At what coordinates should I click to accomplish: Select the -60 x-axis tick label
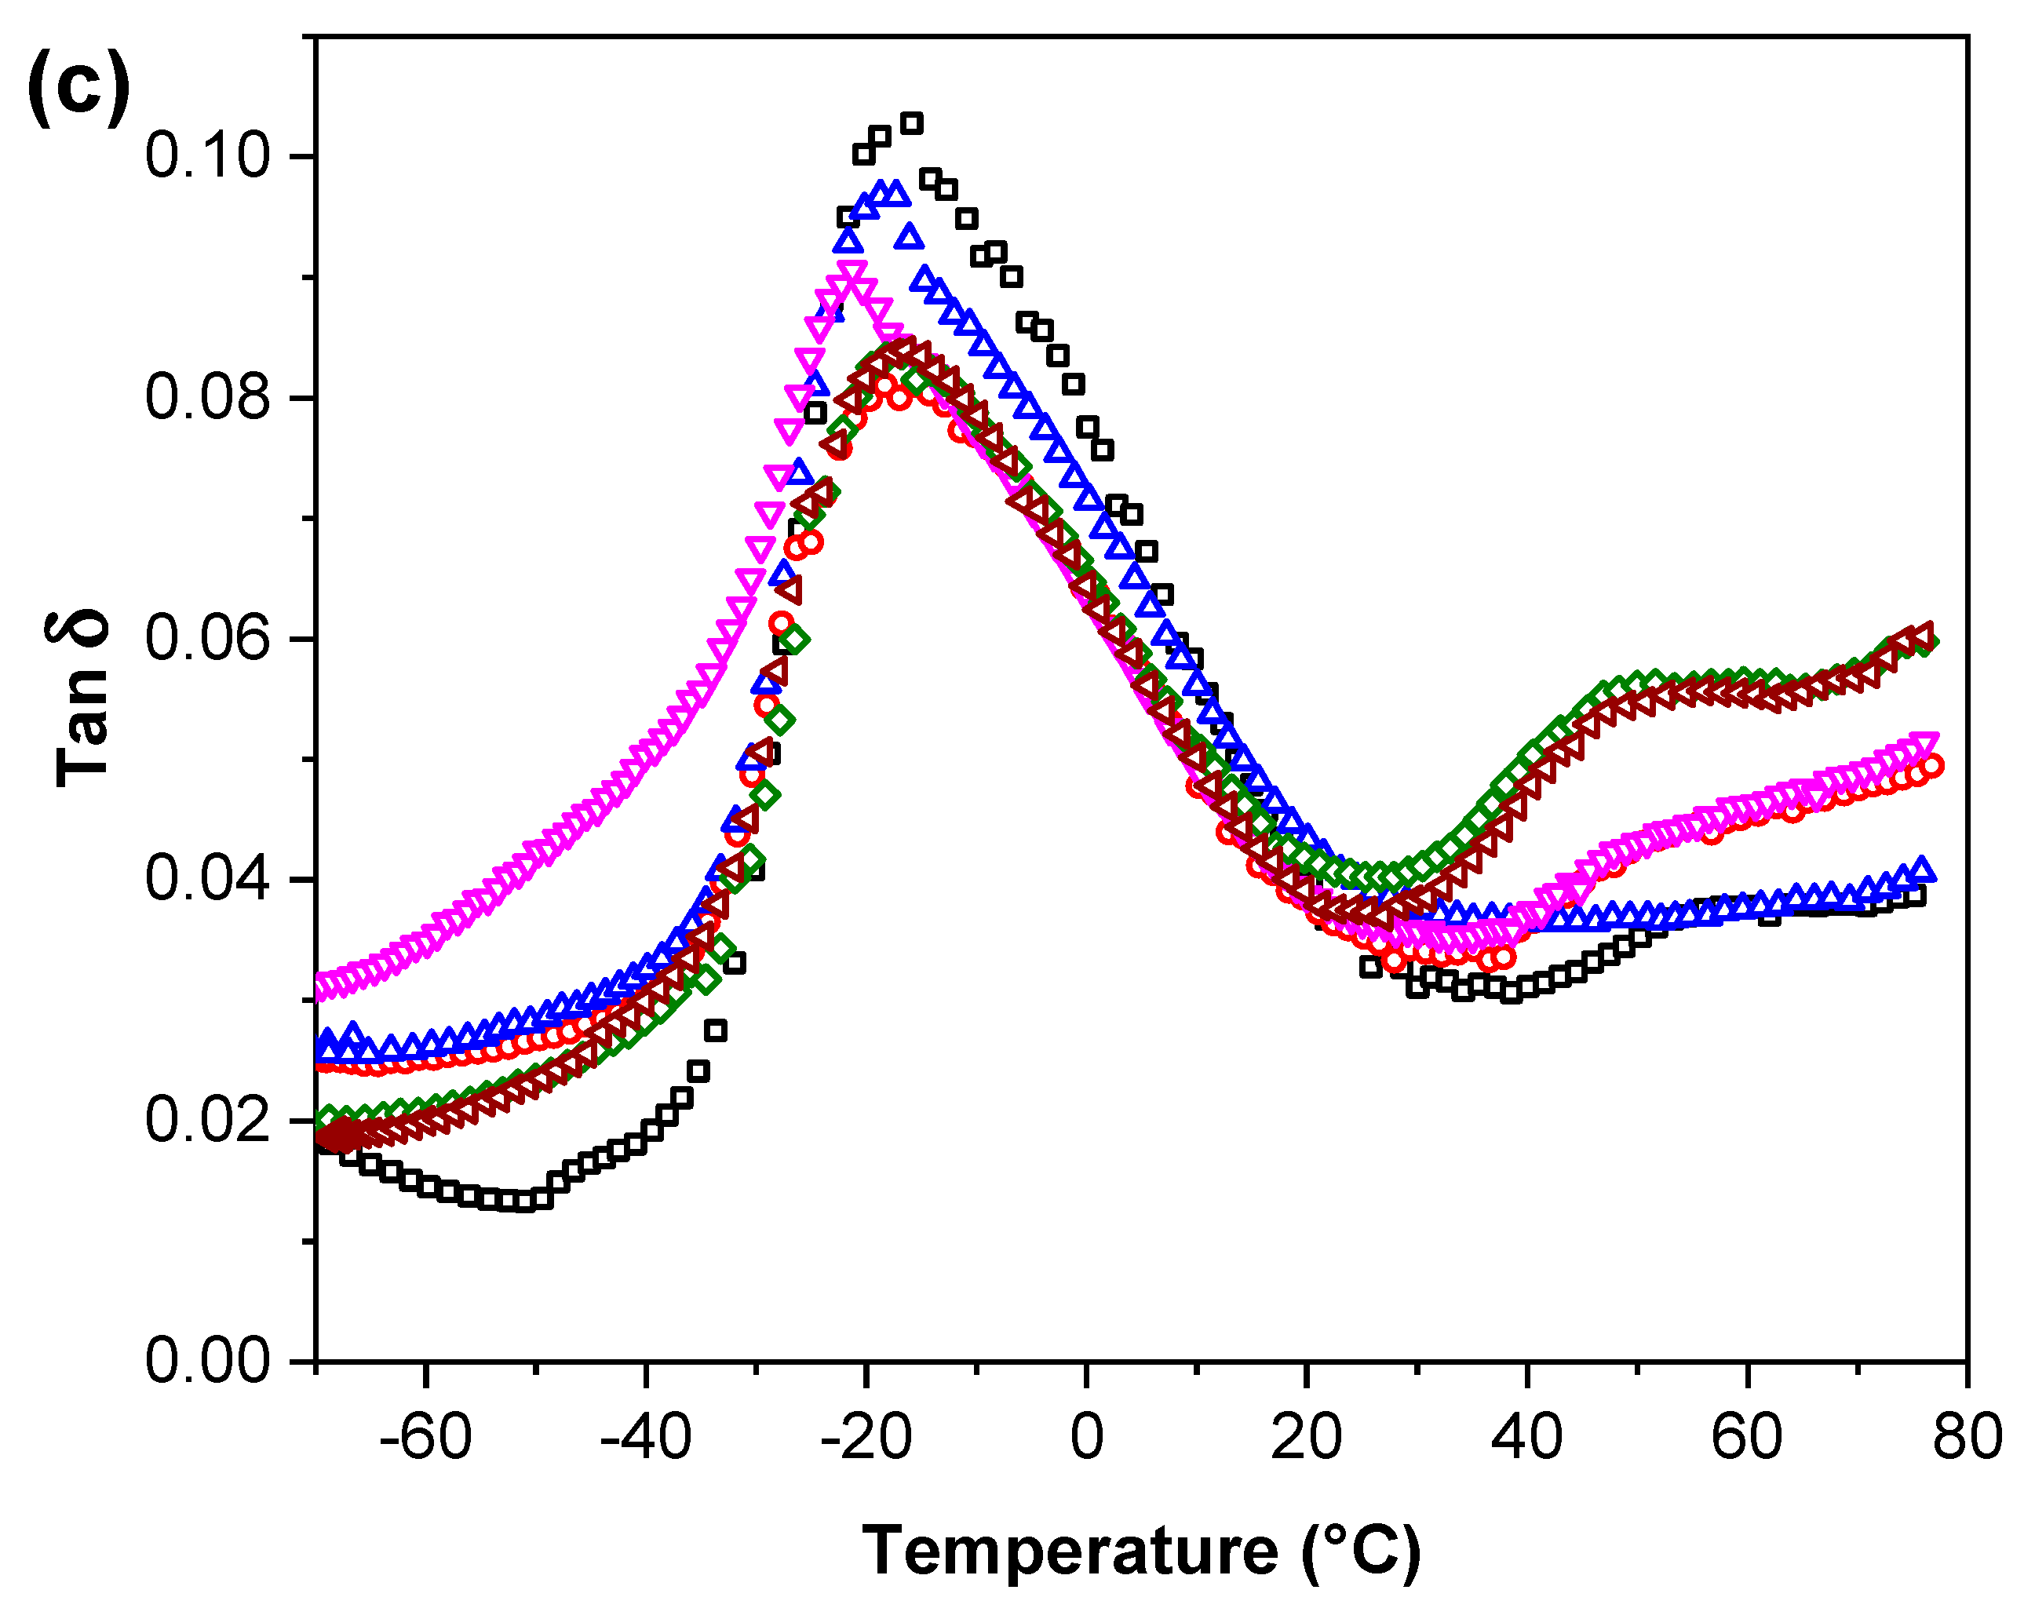(x=425, y=1437)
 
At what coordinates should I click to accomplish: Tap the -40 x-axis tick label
(x=646, y=1437)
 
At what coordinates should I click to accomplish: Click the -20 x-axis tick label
(x=866, y=1437)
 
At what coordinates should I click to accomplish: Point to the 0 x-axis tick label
(x=1086, y=1437)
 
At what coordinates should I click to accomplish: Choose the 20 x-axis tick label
(x=1307, y=1437)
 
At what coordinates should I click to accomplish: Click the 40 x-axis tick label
(x=1526, y=1437)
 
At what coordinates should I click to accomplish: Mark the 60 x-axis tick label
(x=1747, y=1437)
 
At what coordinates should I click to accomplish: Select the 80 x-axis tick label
(x=1967, y=1437)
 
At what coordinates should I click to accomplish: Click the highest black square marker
(x=912, y=122)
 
